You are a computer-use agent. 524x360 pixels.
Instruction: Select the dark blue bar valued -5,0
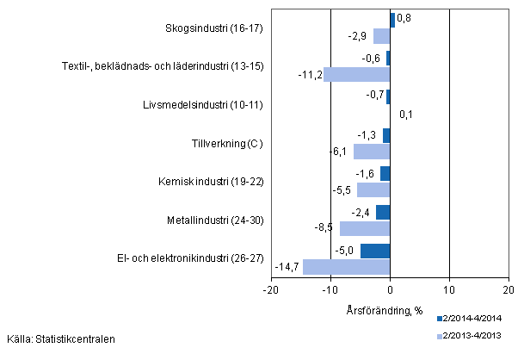(375, 251)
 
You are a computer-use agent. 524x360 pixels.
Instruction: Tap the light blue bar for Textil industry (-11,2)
(356, 74)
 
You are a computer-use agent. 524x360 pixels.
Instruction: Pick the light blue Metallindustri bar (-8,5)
(365, 228)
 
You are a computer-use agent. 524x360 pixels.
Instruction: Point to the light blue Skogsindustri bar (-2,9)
(381, 36)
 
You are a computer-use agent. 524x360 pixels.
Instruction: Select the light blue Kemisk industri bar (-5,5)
(373, 189)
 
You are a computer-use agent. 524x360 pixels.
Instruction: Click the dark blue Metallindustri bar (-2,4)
(383, 213)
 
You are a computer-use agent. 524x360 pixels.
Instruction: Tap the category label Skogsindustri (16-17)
(213, 28)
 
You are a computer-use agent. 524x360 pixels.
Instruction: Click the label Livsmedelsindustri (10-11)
(203, 105)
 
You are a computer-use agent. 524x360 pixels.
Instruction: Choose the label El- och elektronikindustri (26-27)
(189, 258)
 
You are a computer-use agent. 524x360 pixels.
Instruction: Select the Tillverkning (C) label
(227, 143)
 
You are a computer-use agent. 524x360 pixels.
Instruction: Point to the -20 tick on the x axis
(270, 291)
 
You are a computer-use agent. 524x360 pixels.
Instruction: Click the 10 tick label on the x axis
(449, 291)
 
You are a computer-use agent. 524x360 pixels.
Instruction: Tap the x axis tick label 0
(390, 291)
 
